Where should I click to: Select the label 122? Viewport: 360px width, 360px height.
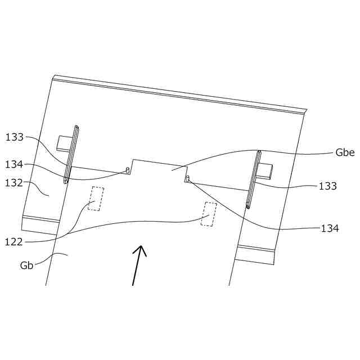pyautogui.click(x=13, y=242)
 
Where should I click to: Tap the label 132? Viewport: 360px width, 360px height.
pyautogui.click(x=13, y=183)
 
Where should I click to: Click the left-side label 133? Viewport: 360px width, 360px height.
pyautogui.click(x=15, y=137)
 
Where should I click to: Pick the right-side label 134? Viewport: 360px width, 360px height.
pyautogui.click(x=330, y=228)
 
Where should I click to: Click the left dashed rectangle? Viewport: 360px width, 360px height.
pyautogui.click(x=96, y=199)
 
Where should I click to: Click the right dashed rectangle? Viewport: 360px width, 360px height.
pyautogui.click(x=209, y=214)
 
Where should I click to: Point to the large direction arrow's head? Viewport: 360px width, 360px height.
pyautogui.click(x=141, y=250)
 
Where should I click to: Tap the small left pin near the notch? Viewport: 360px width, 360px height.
pyautogui.click(x=128, y=169)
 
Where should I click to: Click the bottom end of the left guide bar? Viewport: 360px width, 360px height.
pyautogui.click(x=66, y=181)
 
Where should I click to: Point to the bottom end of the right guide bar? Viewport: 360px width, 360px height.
pyautogui.click(x=247, y=206)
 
